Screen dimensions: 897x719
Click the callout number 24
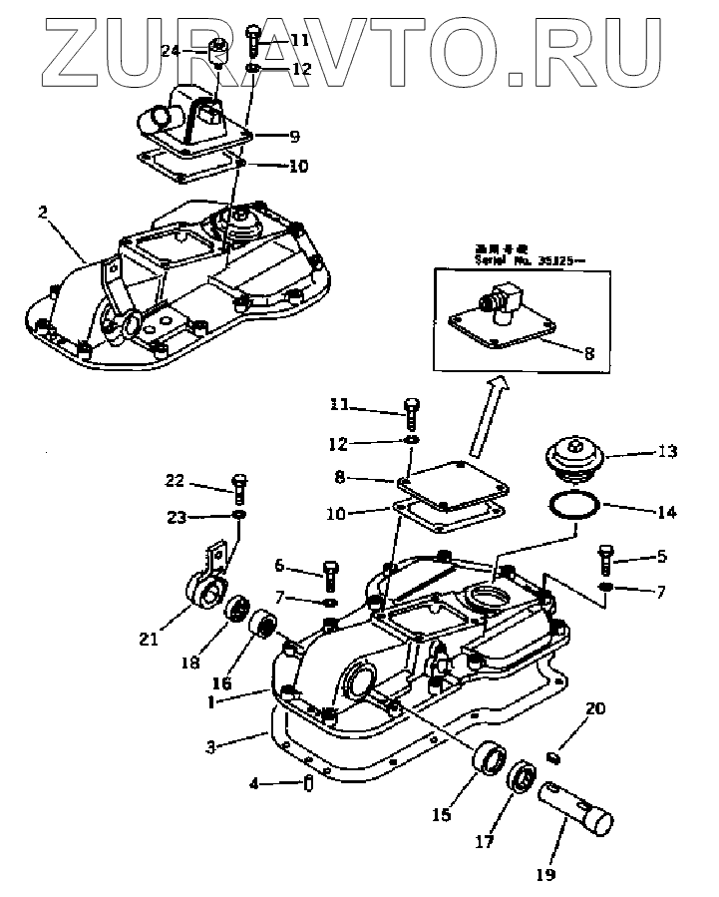(172, 51)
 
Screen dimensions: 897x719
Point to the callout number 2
(43, 212)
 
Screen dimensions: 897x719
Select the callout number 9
(294, 136)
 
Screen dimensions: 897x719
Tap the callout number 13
(668, 452)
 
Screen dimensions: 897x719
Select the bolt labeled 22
(238, 487)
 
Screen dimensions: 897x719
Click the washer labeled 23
(239, 515)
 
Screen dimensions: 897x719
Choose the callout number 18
(187, 663)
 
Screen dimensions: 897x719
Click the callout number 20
(595, 709)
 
